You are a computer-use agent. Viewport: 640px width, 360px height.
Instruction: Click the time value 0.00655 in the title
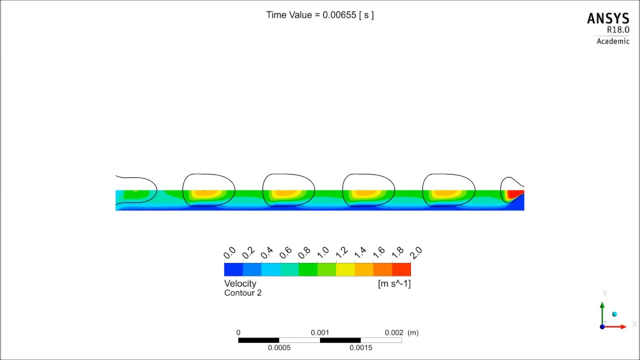click(339, 15)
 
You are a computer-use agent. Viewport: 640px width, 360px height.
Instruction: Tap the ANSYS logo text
click(608, 19)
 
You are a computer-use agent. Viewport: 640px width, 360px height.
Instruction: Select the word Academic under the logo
click(613, 41)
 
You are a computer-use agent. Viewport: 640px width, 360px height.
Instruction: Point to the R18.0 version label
click(618, 29)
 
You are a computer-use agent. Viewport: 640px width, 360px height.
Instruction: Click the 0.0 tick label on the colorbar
click(229, 252)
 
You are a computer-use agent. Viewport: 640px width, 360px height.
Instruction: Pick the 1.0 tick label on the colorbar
click(323, 252)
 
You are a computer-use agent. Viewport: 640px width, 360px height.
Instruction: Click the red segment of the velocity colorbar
click(401, 269)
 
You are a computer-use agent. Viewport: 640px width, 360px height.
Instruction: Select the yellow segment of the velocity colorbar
click(345, 269)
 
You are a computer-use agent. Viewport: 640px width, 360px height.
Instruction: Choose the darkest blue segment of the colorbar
click(233, 269)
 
